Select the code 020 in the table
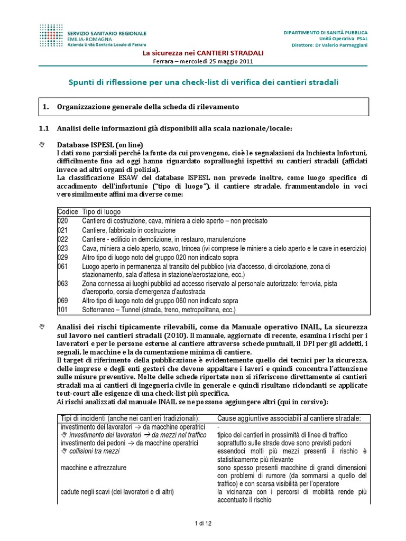[x=62, y=221]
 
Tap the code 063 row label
[x=62, y=284]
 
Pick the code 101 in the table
[x=62, y=310]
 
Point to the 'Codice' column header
[x=68, y=211]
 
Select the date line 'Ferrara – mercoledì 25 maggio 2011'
[x=204, y=61]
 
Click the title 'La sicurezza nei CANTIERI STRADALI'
[x=204, y=53]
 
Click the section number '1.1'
[x=44, y=129]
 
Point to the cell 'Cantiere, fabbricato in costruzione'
[x=128, y=230]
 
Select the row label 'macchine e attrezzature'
[x=94, y=468]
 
